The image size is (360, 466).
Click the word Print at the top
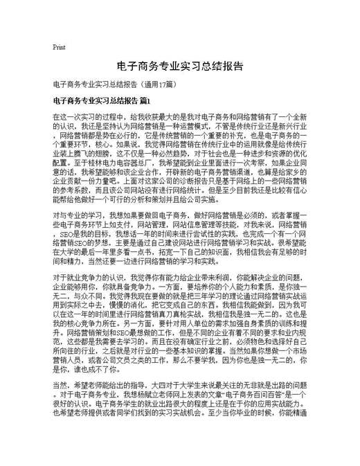[x=58, y=47]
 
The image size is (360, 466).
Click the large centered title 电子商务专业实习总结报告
[x=179, y=66]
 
